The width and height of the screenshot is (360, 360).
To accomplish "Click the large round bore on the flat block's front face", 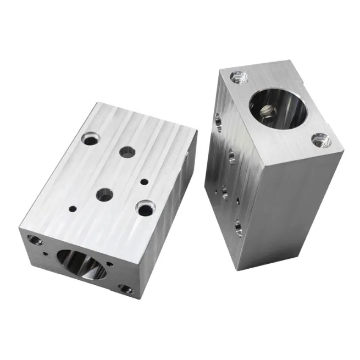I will pos(81,264).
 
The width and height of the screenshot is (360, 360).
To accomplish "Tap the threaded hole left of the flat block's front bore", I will pos(36,240).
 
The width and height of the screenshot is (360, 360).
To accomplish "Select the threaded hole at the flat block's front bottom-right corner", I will pos(126,289).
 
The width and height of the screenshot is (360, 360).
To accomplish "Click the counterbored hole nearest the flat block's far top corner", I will pos(90,139).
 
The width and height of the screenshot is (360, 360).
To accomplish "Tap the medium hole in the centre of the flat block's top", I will pos(104,193).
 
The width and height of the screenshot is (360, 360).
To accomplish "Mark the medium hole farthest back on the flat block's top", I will pos(128,152).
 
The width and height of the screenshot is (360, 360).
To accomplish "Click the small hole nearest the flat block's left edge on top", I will pos(72,209).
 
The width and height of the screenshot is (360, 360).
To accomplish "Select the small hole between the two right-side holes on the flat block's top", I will pos(144,181).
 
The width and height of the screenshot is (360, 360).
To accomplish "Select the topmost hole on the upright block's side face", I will pos(218,121).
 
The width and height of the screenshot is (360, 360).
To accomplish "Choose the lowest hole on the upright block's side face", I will pos(238,227).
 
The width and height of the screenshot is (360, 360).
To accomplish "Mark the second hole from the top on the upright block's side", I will pos(231,157).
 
